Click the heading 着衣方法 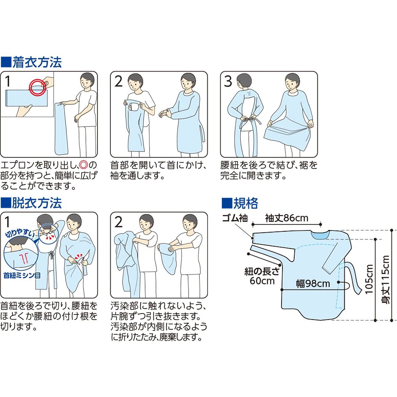37,63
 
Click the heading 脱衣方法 37,203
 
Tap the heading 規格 245,203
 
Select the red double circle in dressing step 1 37,87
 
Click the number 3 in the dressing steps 228,82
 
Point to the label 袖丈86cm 287,218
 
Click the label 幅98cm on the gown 313,284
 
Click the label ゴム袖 235,218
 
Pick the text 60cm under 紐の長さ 262,281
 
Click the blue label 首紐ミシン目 22,276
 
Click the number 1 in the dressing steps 7,82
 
